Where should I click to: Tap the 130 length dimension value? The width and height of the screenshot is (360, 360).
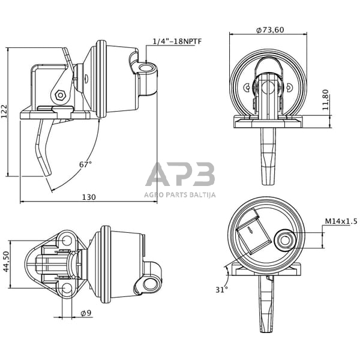coord(89,197)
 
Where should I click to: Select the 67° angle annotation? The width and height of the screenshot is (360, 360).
coord(85,164)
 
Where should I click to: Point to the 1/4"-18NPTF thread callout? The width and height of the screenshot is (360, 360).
coord(177,41)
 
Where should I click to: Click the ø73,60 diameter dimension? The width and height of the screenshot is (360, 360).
coord(269,30)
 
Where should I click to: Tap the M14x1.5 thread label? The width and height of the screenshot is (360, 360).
coord(341,221)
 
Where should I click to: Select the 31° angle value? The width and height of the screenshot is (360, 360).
coord(221,290)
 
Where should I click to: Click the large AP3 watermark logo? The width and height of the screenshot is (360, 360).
coord(180,175)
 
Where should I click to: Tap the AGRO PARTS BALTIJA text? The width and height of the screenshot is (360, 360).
coord(180,194)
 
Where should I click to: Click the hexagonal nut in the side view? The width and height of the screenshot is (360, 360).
coord(59,95)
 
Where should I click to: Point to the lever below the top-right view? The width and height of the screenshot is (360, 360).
coord(267,156)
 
